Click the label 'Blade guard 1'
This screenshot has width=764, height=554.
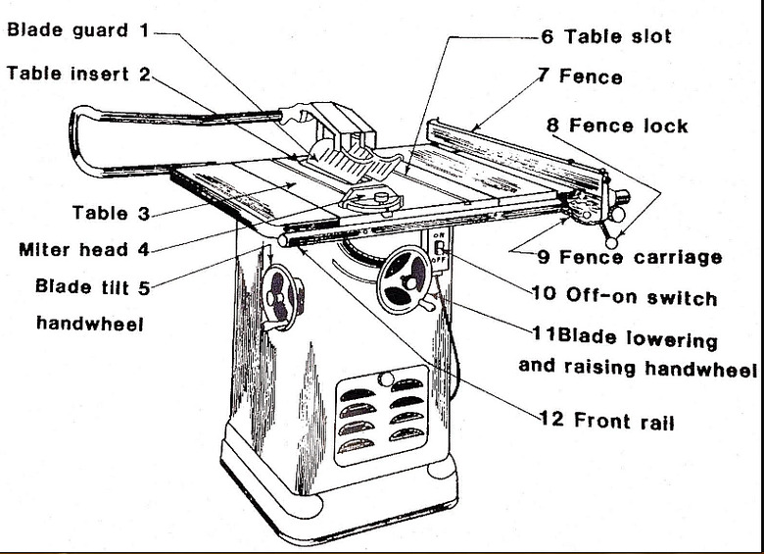click(x=78, y=30)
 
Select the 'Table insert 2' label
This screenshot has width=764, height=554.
click(x=78, y=74)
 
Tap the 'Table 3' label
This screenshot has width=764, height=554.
click(x=112, y=213)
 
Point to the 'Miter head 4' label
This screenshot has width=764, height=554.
click(x=84, y=249)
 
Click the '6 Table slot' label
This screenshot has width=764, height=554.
click(x=605, y=36)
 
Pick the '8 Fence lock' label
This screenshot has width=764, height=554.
click(x=617, y=126)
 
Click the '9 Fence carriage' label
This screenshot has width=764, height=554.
click(x=629, y=258)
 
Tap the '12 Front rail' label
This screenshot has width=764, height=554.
click(x=607, y=422)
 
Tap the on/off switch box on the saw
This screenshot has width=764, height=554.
click(x=440, y=250)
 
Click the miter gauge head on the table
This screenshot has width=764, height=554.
click(x=372, y=199)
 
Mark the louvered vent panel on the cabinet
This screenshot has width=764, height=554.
click(x=382, y=417)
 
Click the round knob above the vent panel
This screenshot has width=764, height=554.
click(x=386, y=377)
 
